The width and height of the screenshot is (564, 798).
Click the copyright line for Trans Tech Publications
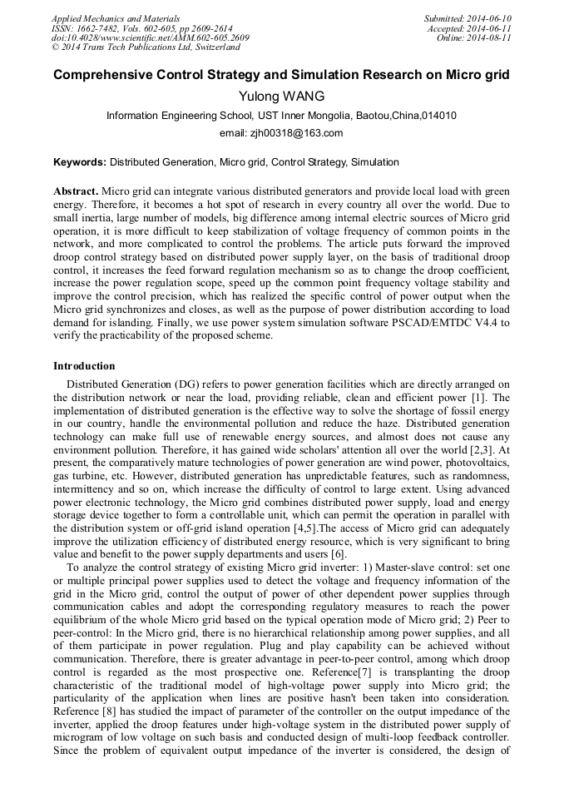pyautogui.click(x=146, y=47)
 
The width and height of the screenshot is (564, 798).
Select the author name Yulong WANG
pyautogui.click(x=281, y=97)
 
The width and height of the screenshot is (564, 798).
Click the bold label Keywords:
pyautogui.click(x=80, y=161)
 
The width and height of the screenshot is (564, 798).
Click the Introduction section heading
pyautogui.click(x=84, y=366)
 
